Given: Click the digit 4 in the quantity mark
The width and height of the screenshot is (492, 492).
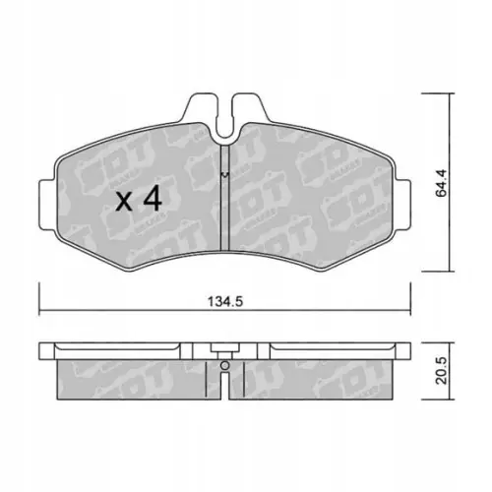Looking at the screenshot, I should point(153,201).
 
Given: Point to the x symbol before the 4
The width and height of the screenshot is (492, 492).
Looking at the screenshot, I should point(125,203).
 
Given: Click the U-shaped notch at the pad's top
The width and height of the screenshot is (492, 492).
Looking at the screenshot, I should point(225,110).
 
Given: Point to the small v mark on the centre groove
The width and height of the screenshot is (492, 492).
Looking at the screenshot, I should point(225,175).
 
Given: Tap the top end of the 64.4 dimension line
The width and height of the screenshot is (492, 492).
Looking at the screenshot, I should point(450,94).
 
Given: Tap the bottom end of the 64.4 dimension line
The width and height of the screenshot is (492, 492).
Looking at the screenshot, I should point(450,271).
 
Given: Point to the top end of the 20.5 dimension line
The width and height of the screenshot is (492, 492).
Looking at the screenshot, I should point(450,343).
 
